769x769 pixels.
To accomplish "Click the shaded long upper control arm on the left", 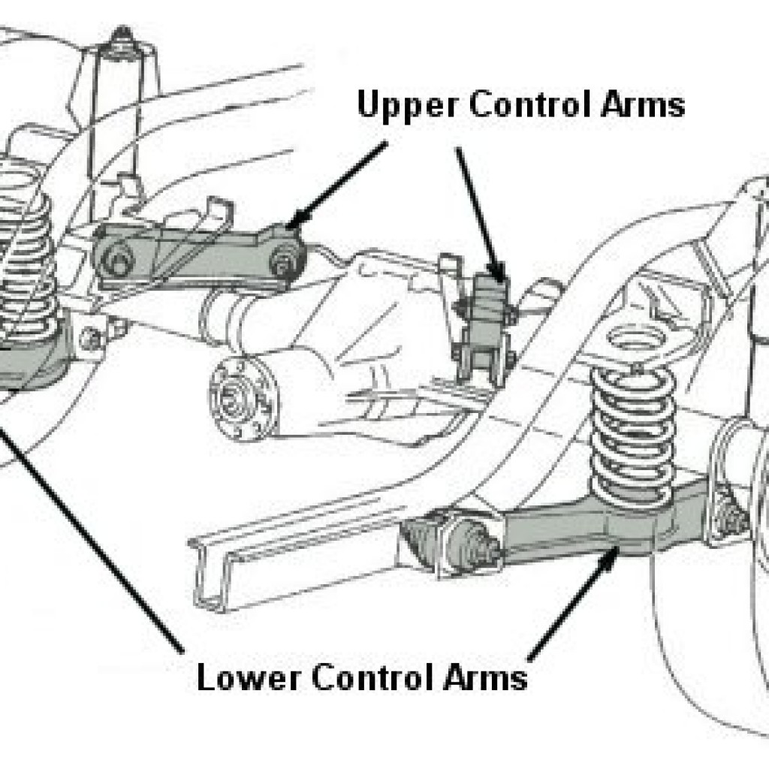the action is [x=199, y=257].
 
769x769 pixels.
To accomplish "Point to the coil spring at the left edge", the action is [x=25, y=246].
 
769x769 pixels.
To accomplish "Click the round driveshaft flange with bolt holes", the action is [x=243, y=398].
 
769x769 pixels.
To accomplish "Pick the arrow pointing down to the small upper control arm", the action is [x=481, y=215].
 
